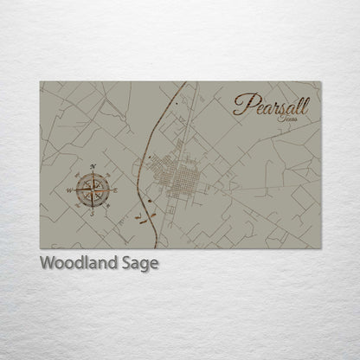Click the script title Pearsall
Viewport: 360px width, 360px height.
point(276,105)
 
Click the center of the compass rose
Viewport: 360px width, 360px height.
point(92,188)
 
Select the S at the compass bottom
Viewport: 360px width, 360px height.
point(92,214)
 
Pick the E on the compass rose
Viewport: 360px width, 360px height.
point(116,188)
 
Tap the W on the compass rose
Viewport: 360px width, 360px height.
point(68,188)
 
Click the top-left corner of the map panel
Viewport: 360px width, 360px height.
point(40,82)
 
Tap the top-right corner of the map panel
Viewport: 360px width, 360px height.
point(321,82)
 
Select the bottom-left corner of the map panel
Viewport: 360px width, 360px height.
point(40,248)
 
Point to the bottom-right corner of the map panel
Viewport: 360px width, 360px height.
point(321,248)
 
